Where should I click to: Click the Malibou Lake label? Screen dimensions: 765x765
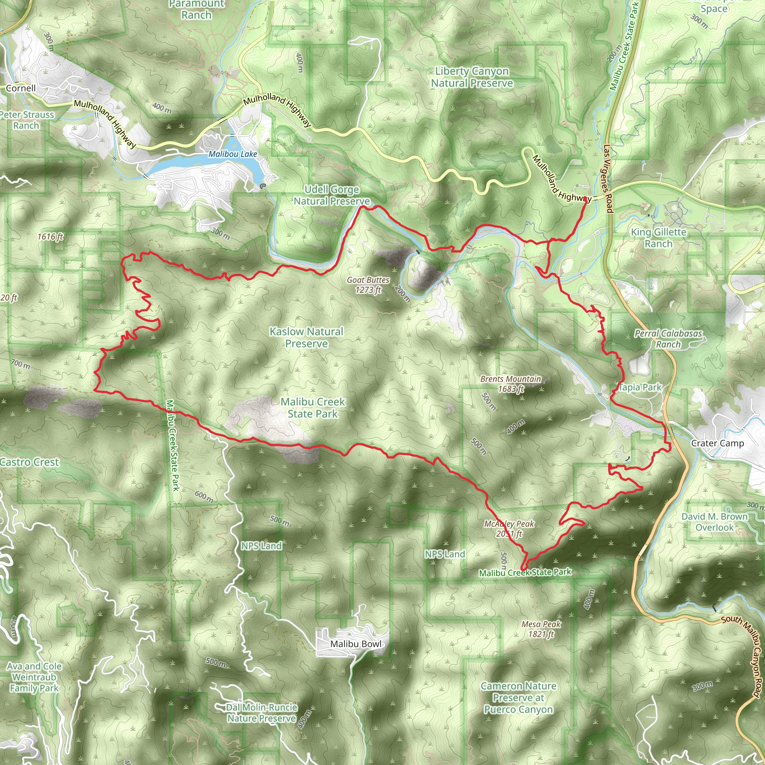coord(232,154)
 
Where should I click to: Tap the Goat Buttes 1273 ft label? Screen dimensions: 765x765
coord(368,285)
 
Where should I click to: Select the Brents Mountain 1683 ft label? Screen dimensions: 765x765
coord(510,384)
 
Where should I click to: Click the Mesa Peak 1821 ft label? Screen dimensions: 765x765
coord(541,629)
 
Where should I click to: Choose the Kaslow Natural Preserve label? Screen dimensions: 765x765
coord(306,337)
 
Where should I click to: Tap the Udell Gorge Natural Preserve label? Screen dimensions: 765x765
coord(332,195)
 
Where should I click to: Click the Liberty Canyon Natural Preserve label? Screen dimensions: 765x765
coord(472,77)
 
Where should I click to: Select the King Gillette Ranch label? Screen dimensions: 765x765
coord(659,238)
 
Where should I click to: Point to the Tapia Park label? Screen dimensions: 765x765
coord(639,387)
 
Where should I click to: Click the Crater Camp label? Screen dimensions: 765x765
coord(717,443)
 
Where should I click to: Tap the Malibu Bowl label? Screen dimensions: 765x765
coord(356,644)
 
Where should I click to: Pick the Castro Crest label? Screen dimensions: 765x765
coord(30,462)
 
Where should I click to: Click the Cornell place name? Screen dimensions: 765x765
coord(21,88)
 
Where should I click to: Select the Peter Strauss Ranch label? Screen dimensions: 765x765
coord(27,120)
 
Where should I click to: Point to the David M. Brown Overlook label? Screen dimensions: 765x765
coord(714,522)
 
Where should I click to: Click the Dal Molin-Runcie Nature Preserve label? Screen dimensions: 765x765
coord(261,713)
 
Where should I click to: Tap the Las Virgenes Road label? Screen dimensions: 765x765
coord(608,179)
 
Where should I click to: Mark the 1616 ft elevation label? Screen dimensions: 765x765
coord(50,237)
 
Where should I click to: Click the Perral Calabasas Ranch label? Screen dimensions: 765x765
coord(668,339)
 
